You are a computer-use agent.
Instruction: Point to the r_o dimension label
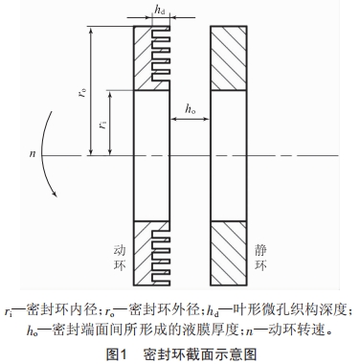(x=85, y=93)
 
